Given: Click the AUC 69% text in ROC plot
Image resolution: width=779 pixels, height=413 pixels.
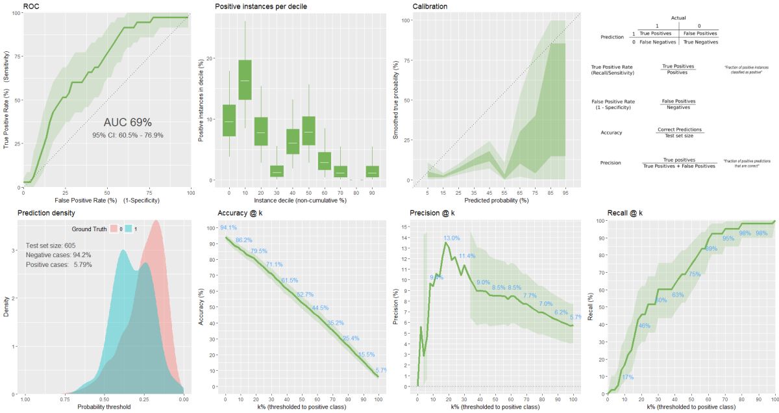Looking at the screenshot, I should (x=127, y=122).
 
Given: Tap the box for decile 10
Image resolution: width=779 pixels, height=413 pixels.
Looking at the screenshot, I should (x=245, y=80).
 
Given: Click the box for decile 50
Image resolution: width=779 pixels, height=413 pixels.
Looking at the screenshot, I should (x=308, y=131).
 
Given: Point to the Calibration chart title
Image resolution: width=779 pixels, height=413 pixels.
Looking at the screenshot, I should (x=430, y=6).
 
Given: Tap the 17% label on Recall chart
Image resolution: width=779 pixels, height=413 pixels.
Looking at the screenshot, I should (x=628, y=377).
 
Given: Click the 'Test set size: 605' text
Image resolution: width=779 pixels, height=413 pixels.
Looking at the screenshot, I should (x=52, y=245).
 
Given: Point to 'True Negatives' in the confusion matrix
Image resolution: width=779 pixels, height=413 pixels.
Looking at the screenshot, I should (x=700, y=42).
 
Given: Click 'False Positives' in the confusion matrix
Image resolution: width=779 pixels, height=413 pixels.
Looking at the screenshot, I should (x=700, y=32).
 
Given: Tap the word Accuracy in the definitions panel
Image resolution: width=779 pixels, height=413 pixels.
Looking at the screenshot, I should (x=612, y=132).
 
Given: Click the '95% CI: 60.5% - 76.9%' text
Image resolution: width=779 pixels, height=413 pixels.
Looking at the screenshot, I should (x=127, y=136).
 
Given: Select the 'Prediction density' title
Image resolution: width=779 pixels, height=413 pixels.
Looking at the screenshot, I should (x=46, y=213).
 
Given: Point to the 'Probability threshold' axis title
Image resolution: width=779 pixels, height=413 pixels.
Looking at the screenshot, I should (x=104, y=407).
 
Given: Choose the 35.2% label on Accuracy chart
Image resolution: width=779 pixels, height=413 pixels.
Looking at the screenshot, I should (x=335, y=323).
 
